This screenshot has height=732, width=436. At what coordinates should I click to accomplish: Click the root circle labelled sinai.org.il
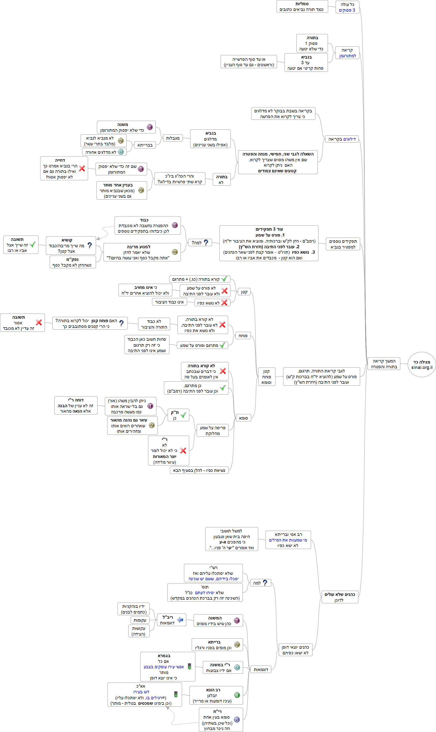click(x=422, y=365)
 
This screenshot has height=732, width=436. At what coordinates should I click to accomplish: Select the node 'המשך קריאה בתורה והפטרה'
click(x=384, y=364)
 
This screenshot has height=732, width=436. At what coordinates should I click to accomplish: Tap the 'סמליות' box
click(x=302, y=6)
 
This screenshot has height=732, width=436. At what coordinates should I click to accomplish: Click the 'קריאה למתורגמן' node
click(x=347, y=53)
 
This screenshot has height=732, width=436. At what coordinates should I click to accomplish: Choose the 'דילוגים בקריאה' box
click(x=342, y=139)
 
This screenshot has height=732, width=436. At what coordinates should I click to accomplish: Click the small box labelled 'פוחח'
click(x=243, y=336)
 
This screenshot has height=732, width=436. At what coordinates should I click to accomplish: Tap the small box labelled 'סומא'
click(x=243, y=418)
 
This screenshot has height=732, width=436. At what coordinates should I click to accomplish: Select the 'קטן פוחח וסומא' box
click(x=266, y=377)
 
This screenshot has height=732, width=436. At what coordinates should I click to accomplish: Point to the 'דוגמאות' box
click(x=261, y=670)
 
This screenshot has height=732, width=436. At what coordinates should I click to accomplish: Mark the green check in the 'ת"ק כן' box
click(x=183, y=415)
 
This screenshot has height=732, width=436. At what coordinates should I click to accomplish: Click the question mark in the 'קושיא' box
click(x=90, y=245)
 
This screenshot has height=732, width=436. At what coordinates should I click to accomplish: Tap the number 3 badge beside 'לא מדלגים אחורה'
click(x=121, y=152)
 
